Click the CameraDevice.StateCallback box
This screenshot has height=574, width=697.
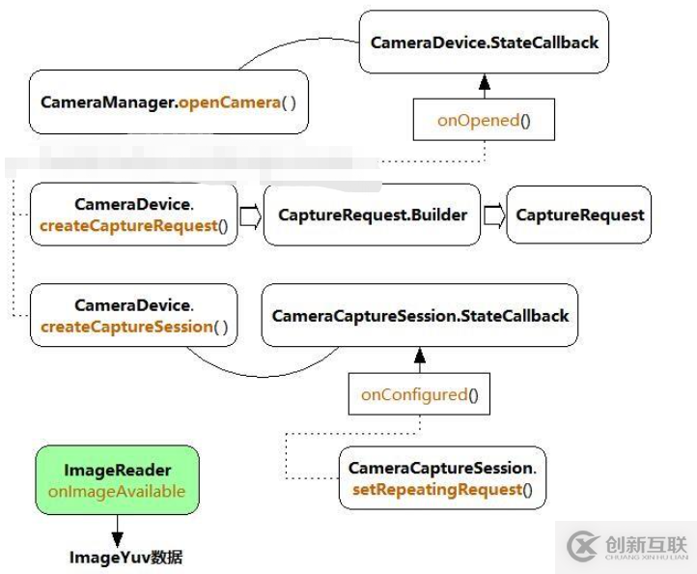tap(484, 43)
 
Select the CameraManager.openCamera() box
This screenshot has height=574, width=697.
tap(169, 101)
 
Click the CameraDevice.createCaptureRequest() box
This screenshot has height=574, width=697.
tap(133, 215)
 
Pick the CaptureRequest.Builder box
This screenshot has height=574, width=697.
tap(372, 215)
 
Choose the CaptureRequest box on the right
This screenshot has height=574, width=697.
tap(579, 215)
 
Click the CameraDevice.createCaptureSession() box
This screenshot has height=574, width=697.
tap(133, 316)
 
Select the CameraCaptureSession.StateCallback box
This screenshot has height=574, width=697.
tap(420, 316)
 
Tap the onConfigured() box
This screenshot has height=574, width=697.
tap(420, 394)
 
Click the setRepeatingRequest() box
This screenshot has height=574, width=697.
tap(441, 478)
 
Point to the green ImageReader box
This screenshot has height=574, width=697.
tap(117, 480)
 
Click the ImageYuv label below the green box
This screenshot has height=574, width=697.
tap(125, 558)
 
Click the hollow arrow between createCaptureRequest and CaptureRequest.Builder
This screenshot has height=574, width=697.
tap(250, 215)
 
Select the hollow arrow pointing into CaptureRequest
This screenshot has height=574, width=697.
tap(493, 215)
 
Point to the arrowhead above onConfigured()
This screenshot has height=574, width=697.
tap(419, 357)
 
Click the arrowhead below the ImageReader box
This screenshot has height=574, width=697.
tap(117, 537)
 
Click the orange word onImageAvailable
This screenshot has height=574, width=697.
tap(117, 492)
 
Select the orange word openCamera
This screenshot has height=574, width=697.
tap(230, 101)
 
